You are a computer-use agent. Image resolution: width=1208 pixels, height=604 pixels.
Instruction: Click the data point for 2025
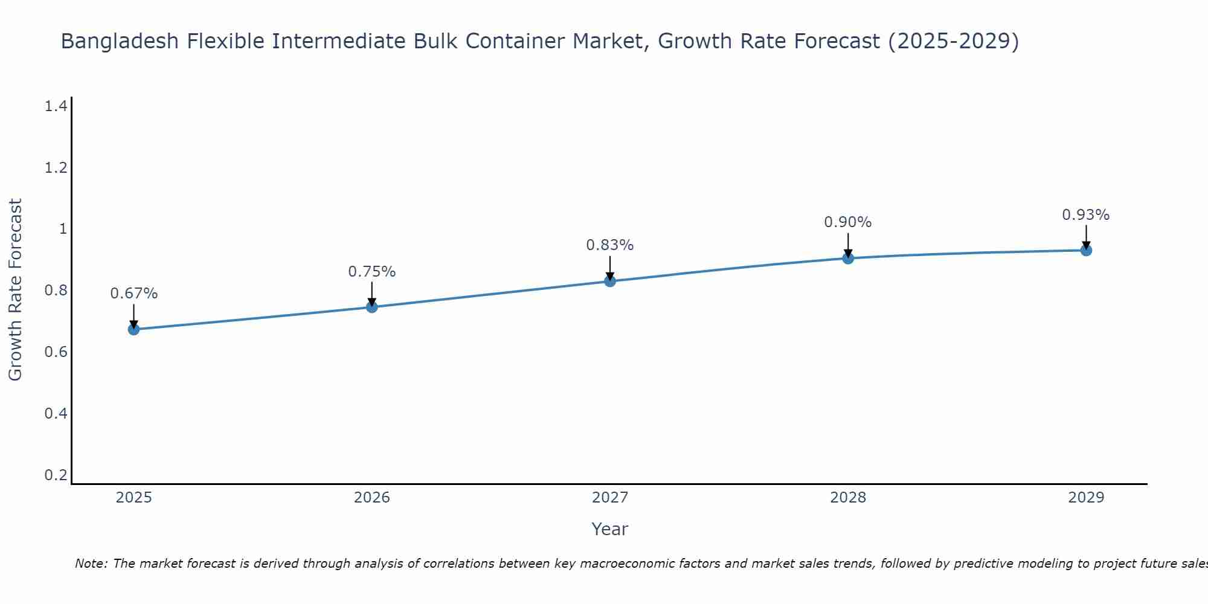click(x=134, y=329)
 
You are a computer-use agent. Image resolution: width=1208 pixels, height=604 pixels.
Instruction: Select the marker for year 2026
click(x=372, y=307)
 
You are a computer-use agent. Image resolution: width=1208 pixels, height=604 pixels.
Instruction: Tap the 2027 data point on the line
click(x=610, y=281)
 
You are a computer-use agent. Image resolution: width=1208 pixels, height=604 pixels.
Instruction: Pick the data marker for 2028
click(x=848, y=259)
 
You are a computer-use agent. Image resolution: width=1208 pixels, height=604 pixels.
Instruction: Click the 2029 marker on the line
click(x=1086, y=250)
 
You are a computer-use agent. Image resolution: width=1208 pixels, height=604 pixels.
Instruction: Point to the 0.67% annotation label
click(x=134, y=294)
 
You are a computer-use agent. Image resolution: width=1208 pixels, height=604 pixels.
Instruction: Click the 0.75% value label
click(x=372, y=272)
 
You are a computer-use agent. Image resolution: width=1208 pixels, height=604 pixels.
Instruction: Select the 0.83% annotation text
click(x=610, y=245)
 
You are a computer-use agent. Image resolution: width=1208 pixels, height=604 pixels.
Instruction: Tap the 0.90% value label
click(x=848, y=222)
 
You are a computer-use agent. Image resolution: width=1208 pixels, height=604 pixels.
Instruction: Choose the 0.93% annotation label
click(x=1086, y=215)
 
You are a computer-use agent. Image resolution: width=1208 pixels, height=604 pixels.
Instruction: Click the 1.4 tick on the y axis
click(x=56, y=106)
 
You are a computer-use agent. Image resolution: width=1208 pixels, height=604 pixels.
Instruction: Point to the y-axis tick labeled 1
click(x=62, y=229)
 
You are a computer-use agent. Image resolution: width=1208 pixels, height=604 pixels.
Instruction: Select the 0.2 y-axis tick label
click(x=56, y=475)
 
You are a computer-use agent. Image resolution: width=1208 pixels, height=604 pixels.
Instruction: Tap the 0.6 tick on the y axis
click(x=56, y=352)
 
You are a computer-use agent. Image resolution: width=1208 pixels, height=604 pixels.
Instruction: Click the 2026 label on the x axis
click(x=372, y=498)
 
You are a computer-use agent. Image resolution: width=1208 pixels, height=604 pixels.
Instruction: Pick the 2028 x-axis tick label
click(x=848, y=498)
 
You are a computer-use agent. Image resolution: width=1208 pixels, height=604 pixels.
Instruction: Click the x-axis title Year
click(x=610, y=529)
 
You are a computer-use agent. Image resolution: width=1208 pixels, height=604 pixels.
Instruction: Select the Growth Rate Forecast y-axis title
click(x=15, y=290)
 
